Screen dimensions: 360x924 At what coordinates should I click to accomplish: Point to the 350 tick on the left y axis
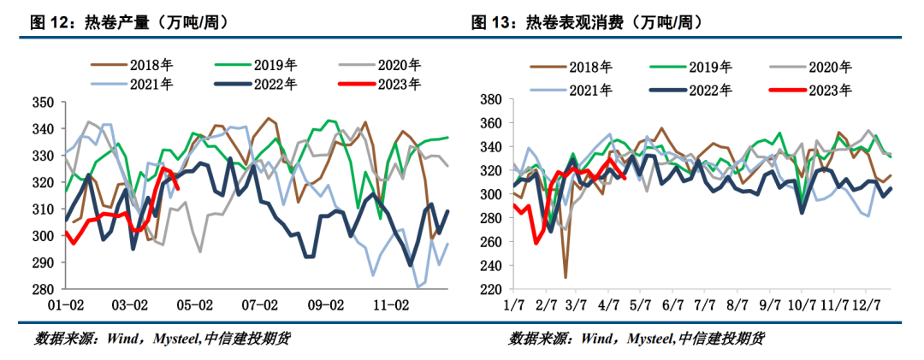(x=43, y=103)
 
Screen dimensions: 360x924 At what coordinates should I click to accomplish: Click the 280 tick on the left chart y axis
(x=43, y=290)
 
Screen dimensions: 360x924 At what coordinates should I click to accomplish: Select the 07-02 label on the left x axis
(x=260, y=305)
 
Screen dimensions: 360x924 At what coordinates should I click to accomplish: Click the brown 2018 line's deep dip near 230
(x=566, y=276)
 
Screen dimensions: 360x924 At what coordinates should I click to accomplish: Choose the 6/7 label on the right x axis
(x=673, y=305)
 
